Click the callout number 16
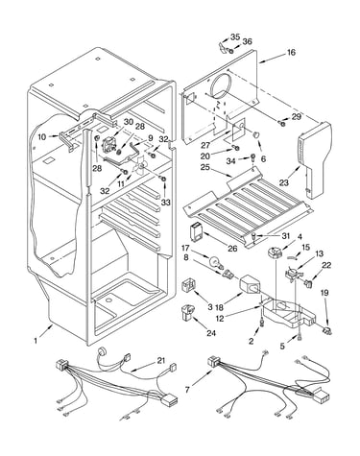[x=291, y=52]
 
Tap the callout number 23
[x=284, y=182]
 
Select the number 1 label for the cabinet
[x=36, y=341]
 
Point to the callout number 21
[x=161, y=361]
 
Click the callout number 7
[x=187, y=390]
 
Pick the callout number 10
[x=42, y=137]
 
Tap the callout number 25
[x=204, y=167]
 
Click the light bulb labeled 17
[x=214, y=263]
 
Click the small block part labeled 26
[x=195, y=231]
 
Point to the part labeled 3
[x=188, y=285]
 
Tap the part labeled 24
[x=187, y=312]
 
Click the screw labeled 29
[x=282, y=123]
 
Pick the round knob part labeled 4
[x=275, y=252]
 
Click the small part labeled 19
[x=327, y=331]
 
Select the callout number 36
[x=247, y=41]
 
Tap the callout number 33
[x=166, y=203]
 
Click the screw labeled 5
[x=299, y=336]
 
